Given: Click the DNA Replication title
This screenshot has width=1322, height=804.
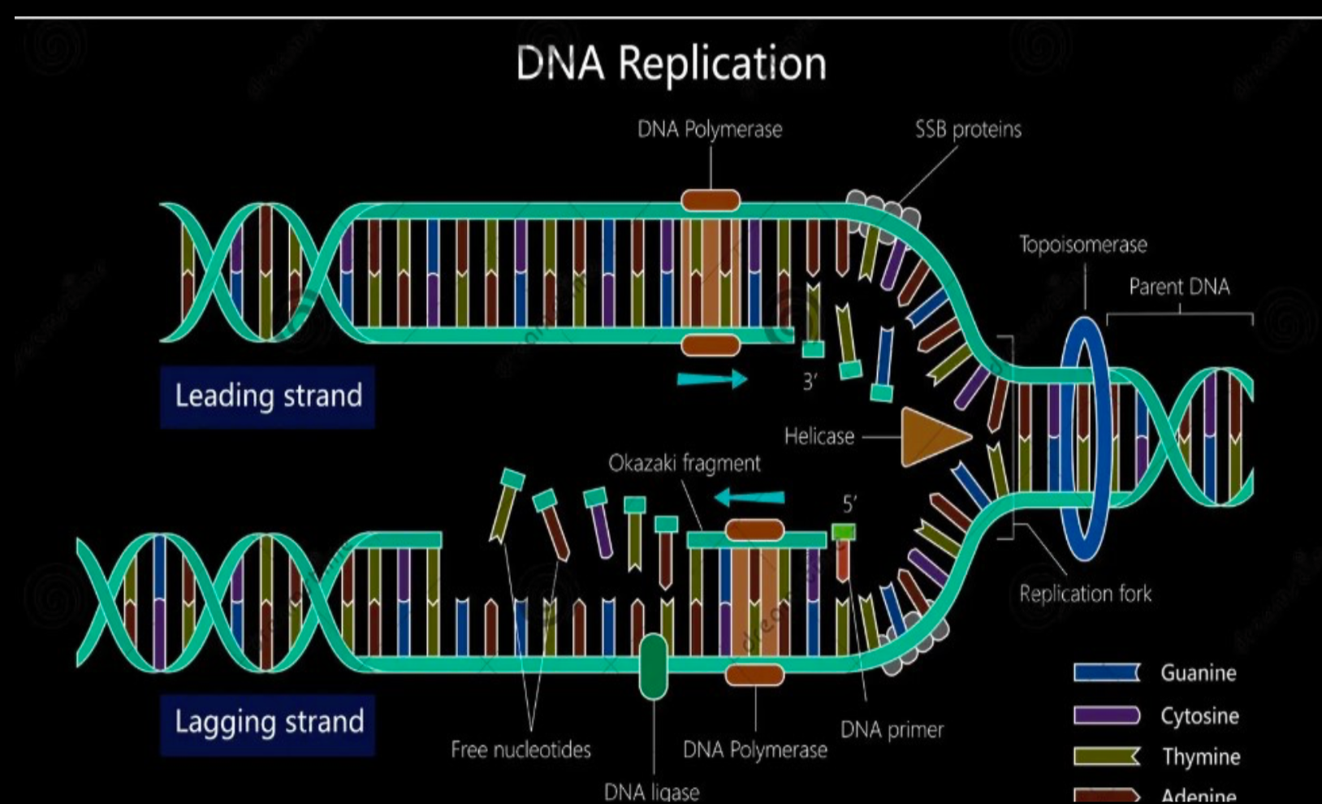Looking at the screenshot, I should (x=671, y=63).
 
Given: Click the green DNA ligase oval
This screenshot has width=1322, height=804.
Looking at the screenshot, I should (x=653, y=667).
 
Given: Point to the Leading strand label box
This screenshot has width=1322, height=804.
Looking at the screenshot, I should (x=268, y=396).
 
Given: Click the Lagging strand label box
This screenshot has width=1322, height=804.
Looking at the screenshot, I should (x=268, y=723).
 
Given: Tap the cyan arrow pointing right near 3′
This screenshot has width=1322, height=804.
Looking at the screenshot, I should (x=711, y=378).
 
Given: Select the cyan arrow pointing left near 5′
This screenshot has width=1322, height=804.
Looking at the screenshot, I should (x=750, y=496).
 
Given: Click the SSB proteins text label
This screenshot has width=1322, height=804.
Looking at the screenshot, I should (x=968, y=130).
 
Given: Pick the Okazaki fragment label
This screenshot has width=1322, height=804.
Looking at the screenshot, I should (x=685, y=464).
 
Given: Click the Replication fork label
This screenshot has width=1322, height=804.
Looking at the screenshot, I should (x=1085, y=594).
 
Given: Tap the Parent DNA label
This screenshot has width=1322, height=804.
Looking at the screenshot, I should (x=1179, y=287).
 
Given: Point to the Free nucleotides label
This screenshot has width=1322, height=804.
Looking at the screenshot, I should (x=521, y=750).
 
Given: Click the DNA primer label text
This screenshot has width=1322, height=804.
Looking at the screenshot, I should (x=892, y=730).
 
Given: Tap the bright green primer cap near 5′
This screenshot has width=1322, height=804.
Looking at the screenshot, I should (x=844, y=533).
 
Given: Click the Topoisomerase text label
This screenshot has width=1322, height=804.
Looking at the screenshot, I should (x=1083, y=244).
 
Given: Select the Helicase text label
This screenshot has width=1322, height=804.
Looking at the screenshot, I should (x=819, y=437).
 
